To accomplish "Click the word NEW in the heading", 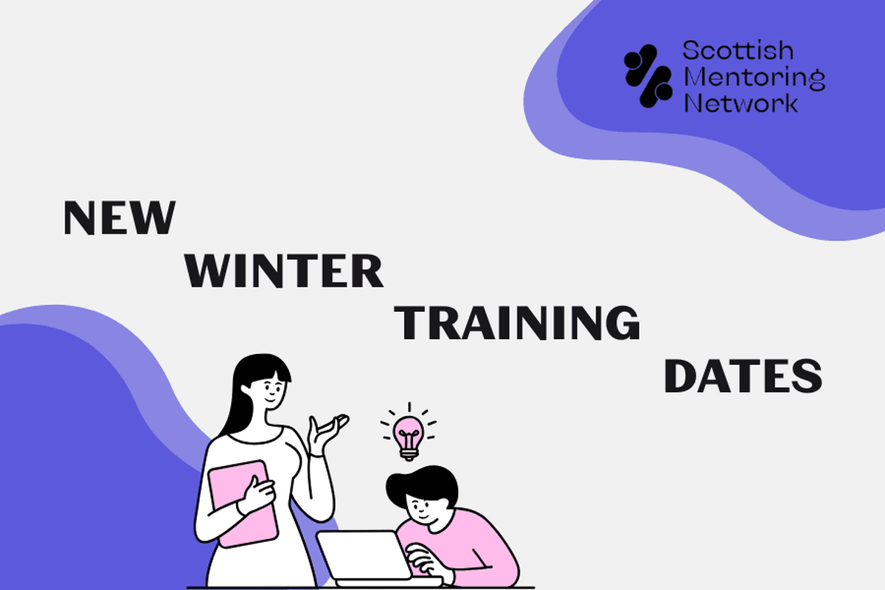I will click(x=119, y=218).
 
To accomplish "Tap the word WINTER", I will click(x=284, y=271).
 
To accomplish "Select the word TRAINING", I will click(x=518, y=323).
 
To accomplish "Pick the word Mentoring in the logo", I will click(x=754, y=77).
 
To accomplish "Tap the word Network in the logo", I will click(x=740, y=103).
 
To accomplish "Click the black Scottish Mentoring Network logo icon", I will click(x=648, y=76).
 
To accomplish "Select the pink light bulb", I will click(x=408, y=434).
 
